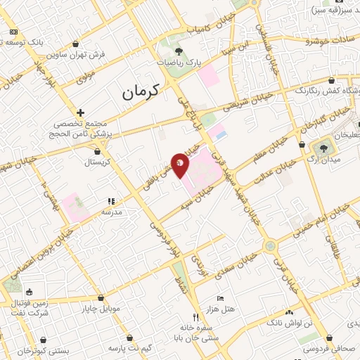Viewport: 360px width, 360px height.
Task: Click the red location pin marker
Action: pyautogui.click(x=181, y=165)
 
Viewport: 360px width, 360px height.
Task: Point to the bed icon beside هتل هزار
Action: pyautogui.click(x=221, y=299)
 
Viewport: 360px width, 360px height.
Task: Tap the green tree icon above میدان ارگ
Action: pyautogui.click(x=324, y=148)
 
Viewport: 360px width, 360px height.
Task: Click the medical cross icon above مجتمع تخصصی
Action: pyautogui.click(x=81, y=112)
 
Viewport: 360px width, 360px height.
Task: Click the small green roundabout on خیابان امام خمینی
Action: pyautogui.click(x=270, y=246)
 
